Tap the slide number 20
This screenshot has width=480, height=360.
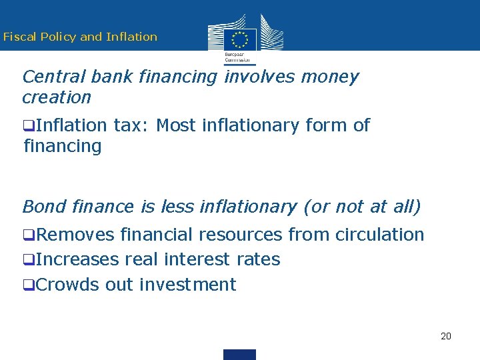pos(446,336)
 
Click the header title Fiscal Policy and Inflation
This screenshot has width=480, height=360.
pos(80,37)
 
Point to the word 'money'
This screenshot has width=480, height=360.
pos(329,77)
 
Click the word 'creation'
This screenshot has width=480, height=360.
pos(57,97)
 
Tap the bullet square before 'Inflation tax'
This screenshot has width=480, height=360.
pos(27,126)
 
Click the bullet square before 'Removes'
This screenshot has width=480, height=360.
pos(27,235)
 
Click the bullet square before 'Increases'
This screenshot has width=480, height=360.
pos(27,260)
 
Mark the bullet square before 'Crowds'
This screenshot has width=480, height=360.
pos(27,285)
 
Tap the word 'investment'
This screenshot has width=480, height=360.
pos(187,285)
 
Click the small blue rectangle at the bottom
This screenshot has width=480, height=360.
pos(239,355)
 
